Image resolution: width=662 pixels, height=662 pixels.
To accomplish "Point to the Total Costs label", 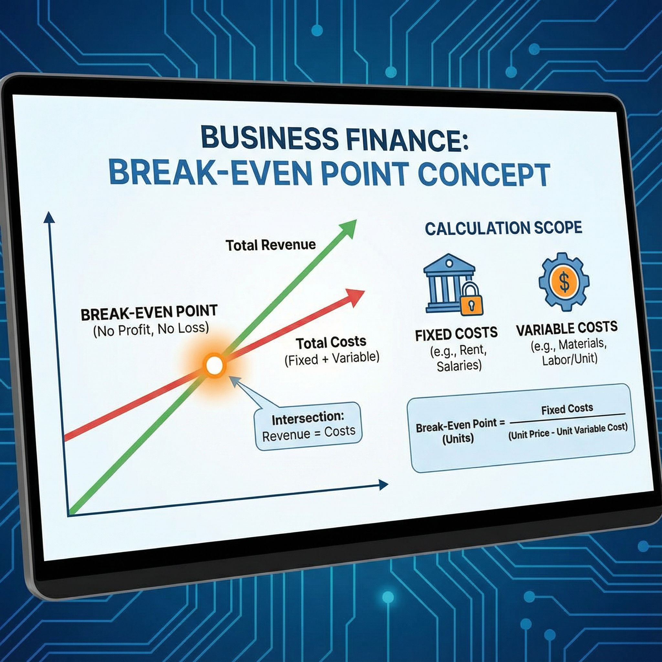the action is (331, 342).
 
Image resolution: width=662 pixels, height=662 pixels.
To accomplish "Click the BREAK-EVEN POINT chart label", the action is (149, 313).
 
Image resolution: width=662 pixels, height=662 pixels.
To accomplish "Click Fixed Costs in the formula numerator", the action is (567, 409).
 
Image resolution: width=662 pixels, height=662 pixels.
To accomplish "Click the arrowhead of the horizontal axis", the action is (383, 485).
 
